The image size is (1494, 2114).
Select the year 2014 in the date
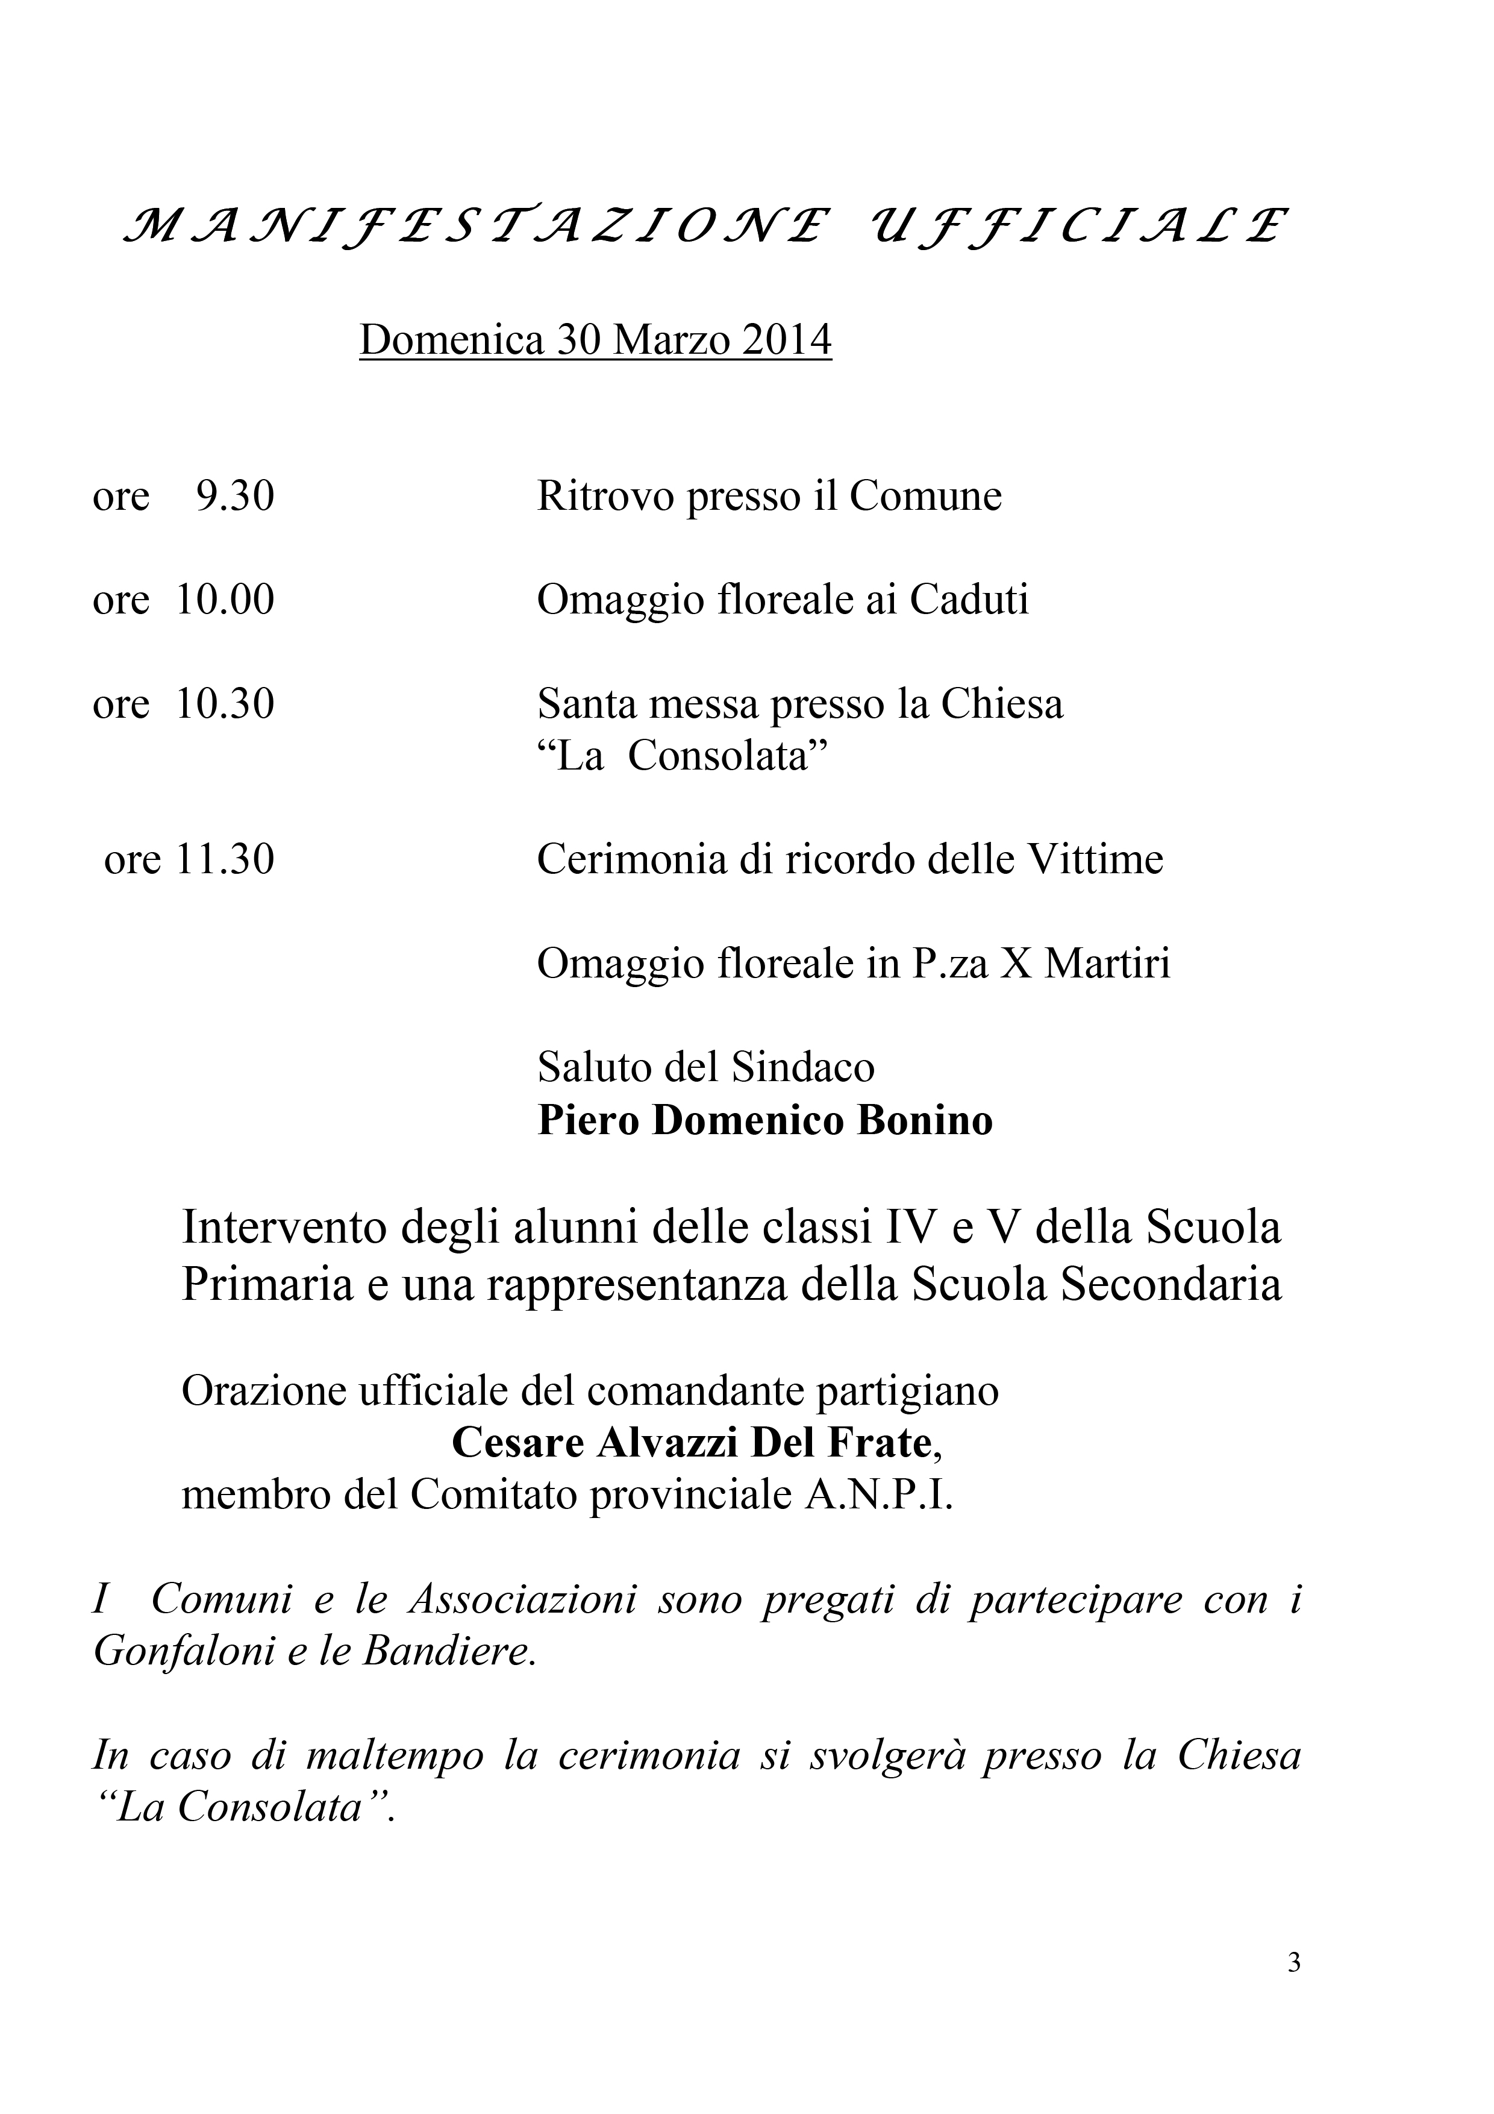(x=787, y=340)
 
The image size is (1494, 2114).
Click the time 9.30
(x=236, y=497)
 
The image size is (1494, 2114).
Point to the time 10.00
(x=225, y=600)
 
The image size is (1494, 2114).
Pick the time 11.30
(x=225, y=860)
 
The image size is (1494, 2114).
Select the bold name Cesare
(x=518, y=1443)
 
